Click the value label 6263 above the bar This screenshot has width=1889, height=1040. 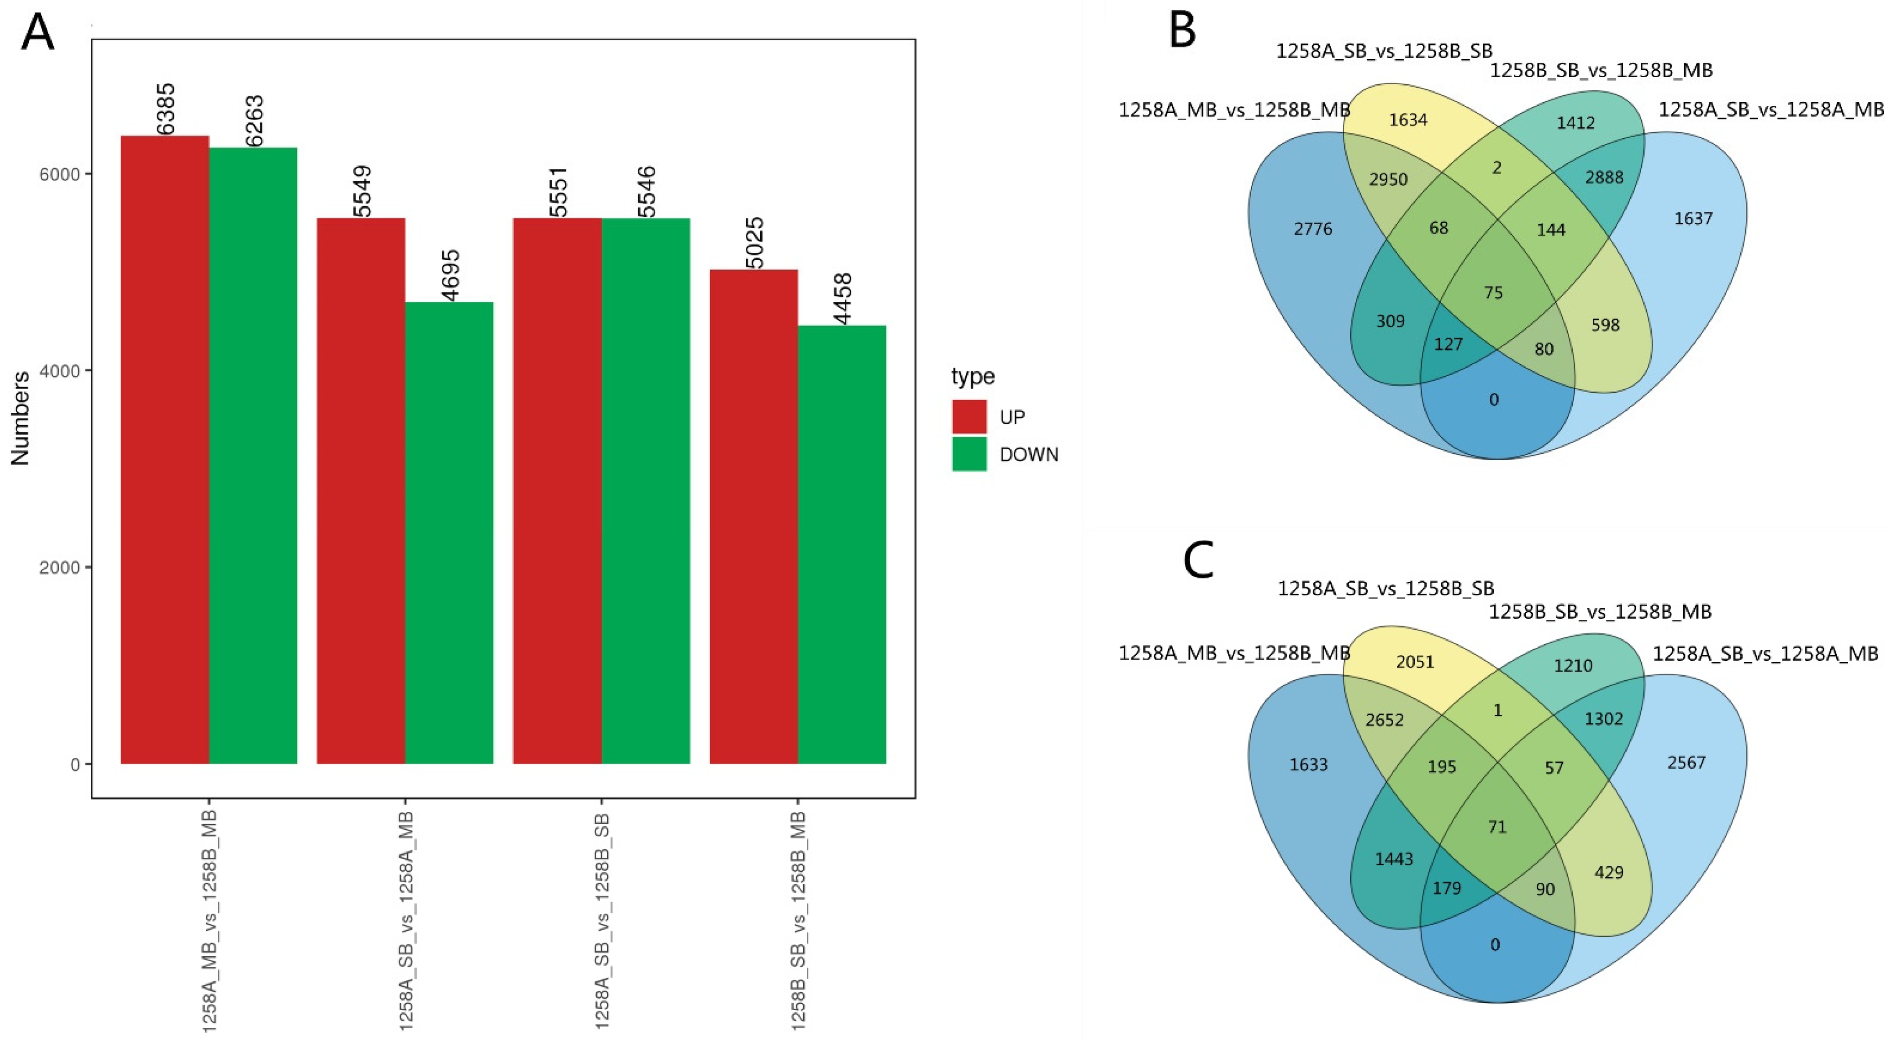click(x=254, y=121)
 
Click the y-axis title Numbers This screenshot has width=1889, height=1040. click(x=21, y=418)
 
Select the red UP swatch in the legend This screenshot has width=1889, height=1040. click(x=969, y=416)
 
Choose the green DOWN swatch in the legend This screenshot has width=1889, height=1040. click(x=969, y=454)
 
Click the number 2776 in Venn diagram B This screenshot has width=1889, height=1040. click(x=1313, y=229)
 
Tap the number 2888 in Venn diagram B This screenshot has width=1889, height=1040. click(x=1604, y=177)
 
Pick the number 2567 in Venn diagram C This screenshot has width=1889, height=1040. click(x=1686, y=763)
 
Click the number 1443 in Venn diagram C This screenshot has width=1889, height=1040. click(x=1393, y=859)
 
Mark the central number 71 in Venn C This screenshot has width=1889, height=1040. click(x=1497, y=827)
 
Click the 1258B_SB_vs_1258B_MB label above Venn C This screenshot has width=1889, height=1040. click(x=1599, y=612)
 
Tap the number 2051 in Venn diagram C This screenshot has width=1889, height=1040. click(x=1414, y=662)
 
